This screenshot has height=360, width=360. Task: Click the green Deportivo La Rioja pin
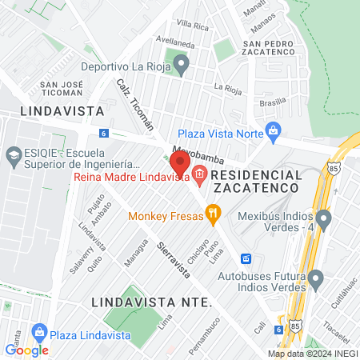[x=182, y=63]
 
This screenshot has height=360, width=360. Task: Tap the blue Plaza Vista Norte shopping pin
[x=274, y=130]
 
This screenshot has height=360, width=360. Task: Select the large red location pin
[x=180, y=163]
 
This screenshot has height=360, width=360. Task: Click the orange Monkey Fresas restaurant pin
[x=212, y=213]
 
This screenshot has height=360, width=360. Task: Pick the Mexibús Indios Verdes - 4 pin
[x=323, y=218]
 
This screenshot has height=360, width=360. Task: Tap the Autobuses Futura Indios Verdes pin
[x=316, y=279]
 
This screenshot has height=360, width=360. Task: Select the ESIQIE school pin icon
[x=14, y=154]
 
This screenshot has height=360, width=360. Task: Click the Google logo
[x=26, y=350]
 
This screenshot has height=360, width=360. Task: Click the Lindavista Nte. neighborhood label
[x=151, y=302]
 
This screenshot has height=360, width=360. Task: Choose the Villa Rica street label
[x=192, y=26]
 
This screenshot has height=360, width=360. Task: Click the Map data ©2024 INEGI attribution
[x=312, y=354]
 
